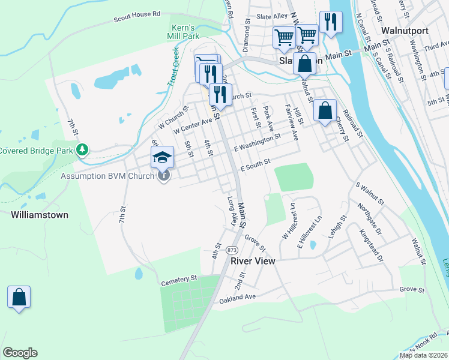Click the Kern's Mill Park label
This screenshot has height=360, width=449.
[x=182, y=32]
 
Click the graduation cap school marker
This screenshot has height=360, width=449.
[x=162, y=158]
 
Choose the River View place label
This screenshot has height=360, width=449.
[x=252, y=261]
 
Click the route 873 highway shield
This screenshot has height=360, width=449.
[x=232, y=249]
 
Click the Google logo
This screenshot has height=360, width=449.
[x=20, y=353]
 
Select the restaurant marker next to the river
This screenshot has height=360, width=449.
[x=330, y=23]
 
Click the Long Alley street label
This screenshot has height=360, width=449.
[x=231, y=210]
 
